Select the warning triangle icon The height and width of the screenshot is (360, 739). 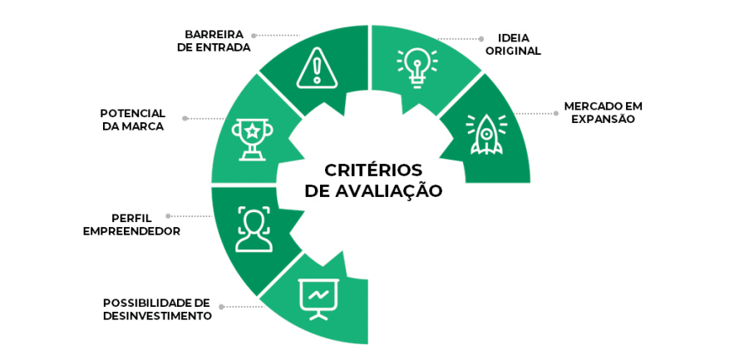tap(317, 67)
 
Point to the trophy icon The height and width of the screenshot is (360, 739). tap(250, 138)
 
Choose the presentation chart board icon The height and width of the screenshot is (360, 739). tap(318, 298)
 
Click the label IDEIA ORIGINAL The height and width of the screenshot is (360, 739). tap(519, 44)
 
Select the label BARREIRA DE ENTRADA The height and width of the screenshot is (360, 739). tap(214, 41)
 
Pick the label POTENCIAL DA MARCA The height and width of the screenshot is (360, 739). tap(133, 120)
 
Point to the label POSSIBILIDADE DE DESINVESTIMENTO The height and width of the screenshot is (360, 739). tap(157, 309)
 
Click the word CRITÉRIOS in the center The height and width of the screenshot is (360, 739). tap(373, 170)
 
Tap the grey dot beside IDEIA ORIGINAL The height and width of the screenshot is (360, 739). tap(480, 38)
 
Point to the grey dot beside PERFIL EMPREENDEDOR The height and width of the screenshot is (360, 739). tap(168, 216)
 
